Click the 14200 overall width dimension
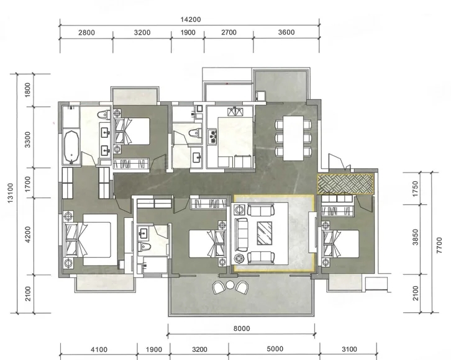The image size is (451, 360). pos(191,19)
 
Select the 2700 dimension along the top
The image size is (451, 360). pos(229,32)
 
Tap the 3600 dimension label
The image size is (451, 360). pos(286,32)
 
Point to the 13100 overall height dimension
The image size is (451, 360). pos(11,193)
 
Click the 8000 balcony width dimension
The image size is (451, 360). pos(242,328)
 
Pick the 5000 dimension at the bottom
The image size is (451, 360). pos(275,349)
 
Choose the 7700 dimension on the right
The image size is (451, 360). pos(439,245)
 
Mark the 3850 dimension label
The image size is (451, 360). pos(416,237)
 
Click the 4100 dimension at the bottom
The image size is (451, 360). pos(99,349)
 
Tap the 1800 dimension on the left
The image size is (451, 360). pos(27,89)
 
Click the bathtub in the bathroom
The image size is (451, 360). pos(71,147)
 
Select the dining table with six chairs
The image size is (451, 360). pos(293,138)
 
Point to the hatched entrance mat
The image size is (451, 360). pos(345,184)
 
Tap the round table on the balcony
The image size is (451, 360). pos(230,285)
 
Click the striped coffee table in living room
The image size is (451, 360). pos(265,233)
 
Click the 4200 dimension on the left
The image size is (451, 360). pos(27,235)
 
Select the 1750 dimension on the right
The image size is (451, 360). pos(415,189)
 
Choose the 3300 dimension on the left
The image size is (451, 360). pos(27,140)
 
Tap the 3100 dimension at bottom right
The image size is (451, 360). pos(349,349)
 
